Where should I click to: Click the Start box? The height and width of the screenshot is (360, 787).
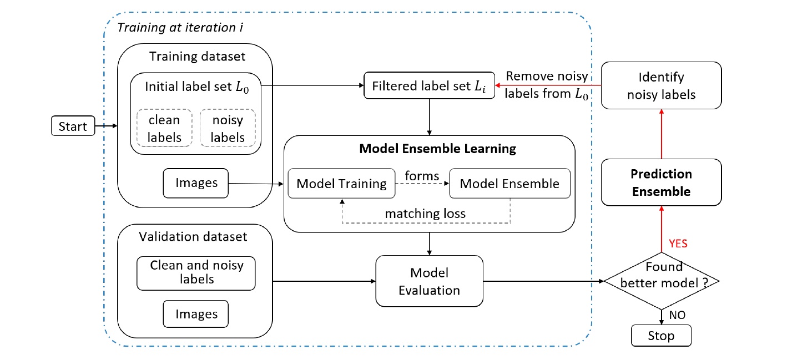73,126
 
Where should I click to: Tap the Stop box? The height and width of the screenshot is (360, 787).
661,336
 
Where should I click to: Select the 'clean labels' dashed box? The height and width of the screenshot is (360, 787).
164,129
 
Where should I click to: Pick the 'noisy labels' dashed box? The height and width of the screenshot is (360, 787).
228,129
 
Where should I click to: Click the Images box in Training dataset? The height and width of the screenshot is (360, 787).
196,183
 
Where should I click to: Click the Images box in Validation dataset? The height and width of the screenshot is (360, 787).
196,314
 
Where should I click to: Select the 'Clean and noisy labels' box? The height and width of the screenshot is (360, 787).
196,273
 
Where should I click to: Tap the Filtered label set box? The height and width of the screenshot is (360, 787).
428,85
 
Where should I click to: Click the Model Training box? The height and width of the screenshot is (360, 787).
341,184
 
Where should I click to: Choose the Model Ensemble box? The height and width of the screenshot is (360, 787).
509,184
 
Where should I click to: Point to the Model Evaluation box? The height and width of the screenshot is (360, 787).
429,281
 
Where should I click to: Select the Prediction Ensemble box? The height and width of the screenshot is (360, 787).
660,183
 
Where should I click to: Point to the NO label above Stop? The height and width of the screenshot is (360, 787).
677,315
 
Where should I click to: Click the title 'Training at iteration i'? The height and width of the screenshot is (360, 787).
180,28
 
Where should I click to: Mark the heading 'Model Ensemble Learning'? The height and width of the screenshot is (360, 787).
437,149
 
